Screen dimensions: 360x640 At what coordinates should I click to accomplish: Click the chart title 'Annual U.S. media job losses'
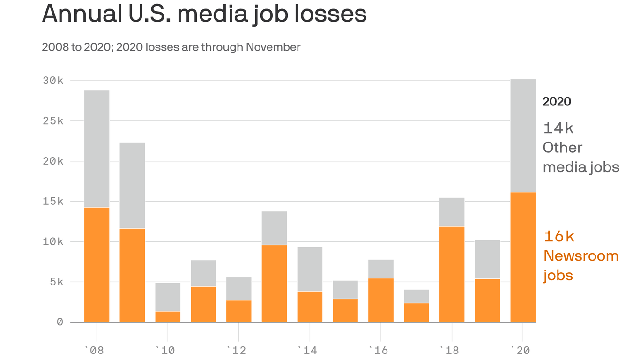point(204,15)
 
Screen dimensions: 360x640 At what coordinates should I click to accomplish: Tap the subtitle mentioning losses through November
point(171,47)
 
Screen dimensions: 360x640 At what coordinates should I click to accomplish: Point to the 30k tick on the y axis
point(53,81)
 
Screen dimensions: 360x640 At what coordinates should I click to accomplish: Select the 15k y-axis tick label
point(53,202)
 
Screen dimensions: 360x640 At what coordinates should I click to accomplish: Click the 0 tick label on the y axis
point(60,322)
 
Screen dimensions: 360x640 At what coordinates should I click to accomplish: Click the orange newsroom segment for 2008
point(97,265)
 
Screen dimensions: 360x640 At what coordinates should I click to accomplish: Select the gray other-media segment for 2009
point(132,186)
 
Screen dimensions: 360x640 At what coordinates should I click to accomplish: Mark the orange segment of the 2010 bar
point(168,317)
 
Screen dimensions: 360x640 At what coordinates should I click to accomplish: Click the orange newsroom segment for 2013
point(275,284)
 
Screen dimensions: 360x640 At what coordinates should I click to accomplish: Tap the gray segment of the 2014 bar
point(310,269)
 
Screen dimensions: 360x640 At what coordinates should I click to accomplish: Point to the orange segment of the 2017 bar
point(417,313)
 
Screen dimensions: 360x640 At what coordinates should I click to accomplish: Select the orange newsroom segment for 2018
point(452,274)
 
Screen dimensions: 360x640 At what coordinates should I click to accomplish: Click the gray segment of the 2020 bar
point(523,136)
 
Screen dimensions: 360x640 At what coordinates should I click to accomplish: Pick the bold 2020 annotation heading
point(557,102)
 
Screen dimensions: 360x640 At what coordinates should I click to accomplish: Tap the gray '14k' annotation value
point(558,128)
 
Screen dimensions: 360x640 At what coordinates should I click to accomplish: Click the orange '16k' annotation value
point(558,236)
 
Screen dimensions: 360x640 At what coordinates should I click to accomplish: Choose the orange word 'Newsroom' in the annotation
point(580,256)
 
